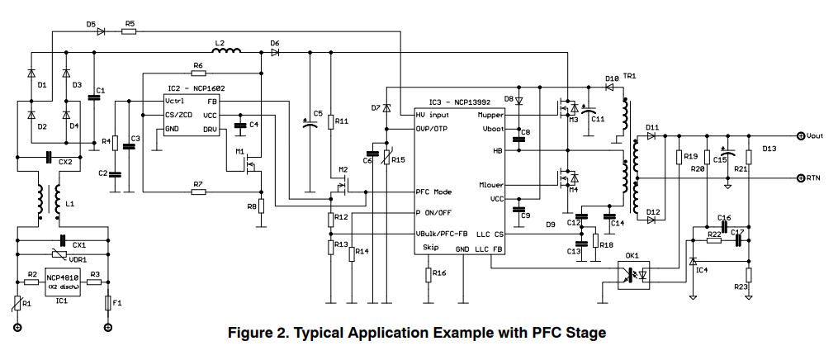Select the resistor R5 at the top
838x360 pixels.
130,32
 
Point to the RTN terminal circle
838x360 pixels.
800,178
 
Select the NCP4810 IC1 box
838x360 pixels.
63,282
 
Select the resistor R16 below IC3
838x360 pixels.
428,273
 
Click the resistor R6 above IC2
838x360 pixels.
198,73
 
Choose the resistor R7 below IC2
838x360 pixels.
198,192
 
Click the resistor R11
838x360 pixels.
331,122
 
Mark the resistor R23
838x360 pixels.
748,275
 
